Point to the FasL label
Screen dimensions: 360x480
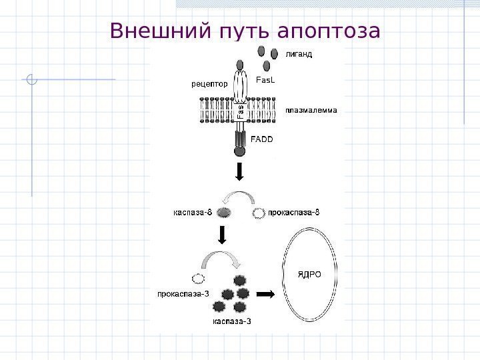pyautogui.click(x=265, y=79)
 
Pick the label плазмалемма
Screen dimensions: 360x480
pyautogui.click(x=311, y=109)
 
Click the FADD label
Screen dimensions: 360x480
pyautogui.click(x=262, y=139)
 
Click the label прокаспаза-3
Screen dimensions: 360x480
pyautogui.click(x=183, y=293)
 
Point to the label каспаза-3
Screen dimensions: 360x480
pyautogui.click(x=231, y=321)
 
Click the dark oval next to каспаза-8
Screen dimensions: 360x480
pyautogui.click(x=224, y=213)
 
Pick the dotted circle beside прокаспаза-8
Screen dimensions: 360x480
pyautogui.click(x=259, y=213)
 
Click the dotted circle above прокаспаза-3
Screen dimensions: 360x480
pyautogui.click(x=197, y=277)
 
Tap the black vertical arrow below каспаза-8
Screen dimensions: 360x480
pyautogui.click(x=222, y=235)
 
